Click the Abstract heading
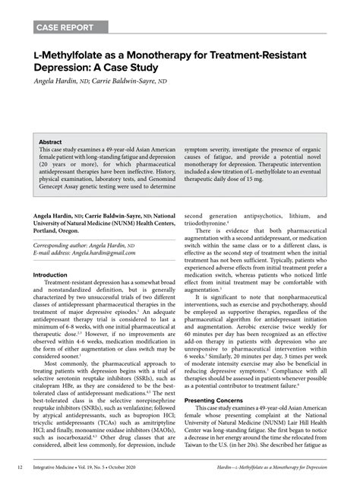coord(52,142)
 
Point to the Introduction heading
coord(55,274)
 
